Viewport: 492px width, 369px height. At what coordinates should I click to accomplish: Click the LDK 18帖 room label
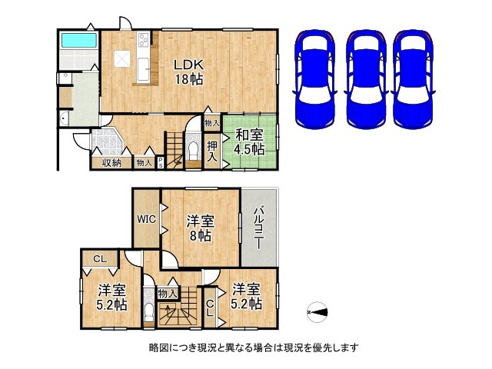(189, 72)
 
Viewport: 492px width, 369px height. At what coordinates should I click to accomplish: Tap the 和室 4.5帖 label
(249, 141)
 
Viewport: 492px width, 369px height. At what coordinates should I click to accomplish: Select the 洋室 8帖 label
(200, 228)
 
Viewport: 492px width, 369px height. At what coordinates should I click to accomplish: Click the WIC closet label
(146, 218)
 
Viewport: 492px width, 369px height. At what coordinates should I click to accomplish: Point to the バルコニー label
(258, 227)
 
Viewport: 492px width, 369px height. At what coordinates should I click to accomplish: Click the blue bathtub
(78, 41)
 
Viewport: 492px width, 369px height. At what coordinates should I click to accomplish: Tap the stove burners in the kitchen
(144, 39)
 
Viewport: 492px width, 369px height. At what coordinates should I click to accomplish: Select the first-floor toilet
(193, 151)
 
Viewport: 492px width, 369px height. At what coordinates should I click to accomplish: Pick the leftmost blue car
(314, 79)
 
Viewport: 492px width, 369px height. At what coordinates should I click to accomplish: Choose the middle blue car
(366, 79)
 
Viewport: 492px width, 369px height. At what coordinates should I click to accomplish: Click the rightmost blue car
(414, 79)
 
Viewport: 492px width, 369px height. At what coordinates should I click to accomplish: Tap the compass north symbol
(317, 312)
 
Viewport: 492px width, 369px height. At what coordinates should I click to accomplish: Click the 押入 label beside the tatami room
(212, 151)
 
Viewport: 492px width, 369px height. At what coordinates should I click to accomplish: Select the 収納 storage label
(111, 163)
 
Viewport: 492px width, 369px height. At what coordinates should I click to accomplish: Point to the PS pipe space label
(161, 163)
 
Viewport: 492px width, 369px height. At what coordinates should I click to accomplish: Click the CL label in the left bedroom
(100, 259)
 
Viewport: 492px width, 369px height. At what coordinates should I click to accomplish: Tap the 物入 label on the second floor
(168, 294)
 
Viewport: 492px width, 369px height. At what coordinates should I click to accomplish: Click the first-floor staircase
(175, 151)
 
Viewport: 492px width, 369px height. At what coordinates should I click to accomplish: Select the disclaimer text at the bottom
(254, 347)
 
